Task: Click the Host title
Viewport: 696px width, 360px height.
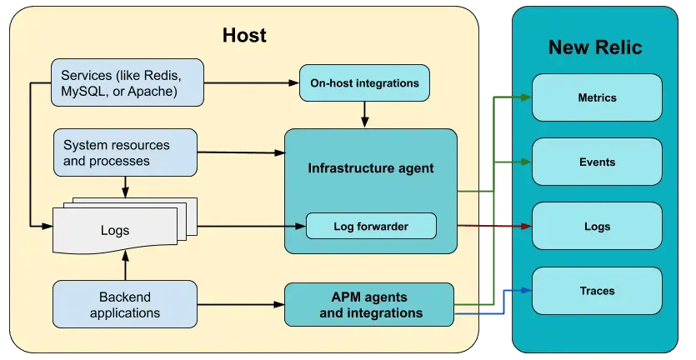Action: click(x=244, y=35)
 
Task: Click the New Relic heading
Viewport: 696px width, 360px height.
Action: click(x=595, y=47)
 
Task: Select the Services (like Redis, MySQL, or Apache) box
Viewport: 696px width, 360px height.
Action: click(x=128, y=82)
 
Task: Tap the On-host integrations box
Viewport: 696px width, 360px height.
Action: click(x=364, y=83)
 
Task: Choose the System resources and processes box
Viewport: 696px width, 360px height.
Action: click(x=125, y=152)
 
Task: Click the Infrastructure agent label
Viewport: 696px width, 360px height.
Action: click(x=371, y=168)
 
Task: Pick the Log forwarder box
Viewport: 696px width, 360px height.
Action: click(x=371, y=226)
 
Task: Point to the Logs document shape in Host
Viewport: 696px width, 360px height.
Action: click(x=115, y=230)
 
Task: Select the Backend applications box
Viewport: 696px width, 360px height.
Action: click(x=125, y=304)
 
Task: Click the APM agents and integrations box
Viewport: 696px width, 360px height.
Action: click(x=371, y=304)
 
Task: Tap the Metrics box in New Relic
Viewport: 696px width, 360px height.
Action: click(x=597, y=97)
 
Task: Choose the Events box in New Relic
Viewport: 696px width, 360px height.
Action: click(x=597, y=162)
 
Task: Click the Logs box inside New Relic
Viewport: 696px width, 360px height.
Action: click(x=597, y=226)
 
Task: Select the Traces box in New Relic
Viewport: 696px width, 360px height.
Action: click(x=597, y=291)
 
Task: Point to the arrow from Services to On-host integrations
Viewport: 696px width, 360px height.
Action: click(x=250, y=83)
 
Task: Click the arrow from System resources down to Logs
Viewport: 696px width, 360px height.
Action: click(x=125, y=187)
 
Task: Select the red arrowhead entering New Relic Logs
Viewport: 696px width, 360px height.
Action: click(x=526, y=226)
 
